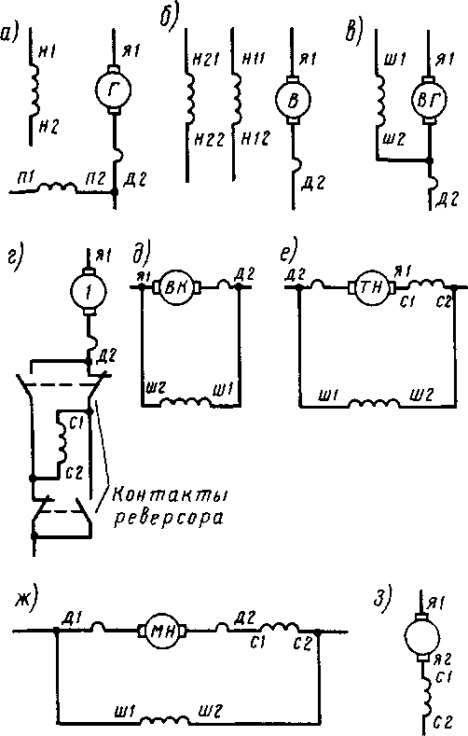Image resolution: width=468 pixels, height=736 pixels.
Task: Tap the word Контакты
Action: (x=171, y=496)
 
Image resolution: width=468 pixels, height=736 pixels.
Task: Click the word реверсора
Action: (x=169, y=519)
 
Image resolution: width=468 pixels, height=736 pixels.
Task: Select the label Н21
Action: (x=206, y=61)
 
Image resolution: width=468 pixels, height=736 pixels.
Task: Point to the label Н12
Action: (x=255, y=138)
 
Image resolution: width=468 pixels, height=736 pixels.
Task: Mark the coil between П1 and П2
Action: (x=57, y=187)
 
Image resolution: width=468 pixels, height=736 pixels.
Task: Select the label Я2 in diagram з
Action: (x=442, y=660)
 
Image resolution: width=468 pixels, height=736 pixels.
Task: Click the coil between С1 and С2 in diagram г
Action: (x=62, y=443)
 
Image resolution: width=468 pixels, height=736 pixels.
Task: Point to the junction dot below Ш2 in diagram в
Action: (x=429, y=160)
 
